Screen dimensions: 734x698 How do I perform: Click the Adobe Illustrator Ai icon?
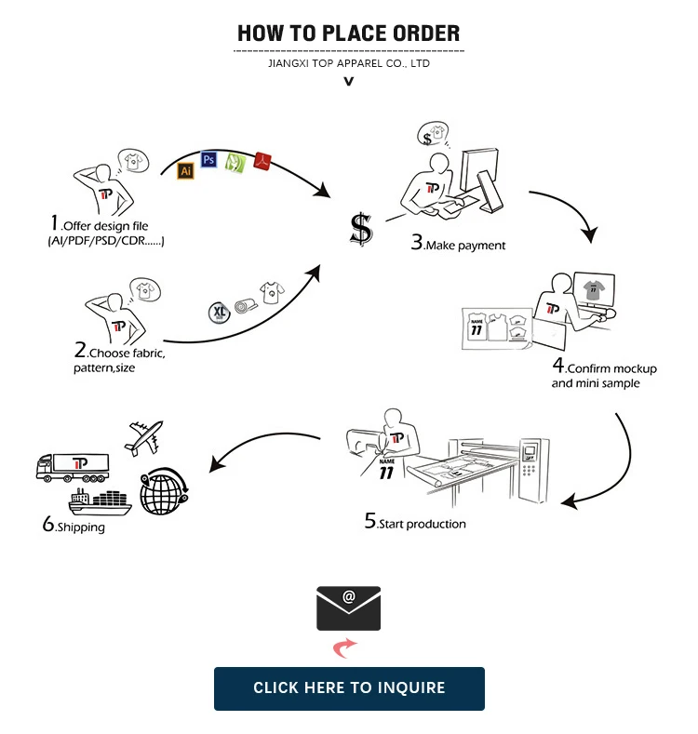pos(185,171)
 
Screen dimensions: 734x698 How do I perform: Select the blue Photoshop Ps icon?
pos(208,160)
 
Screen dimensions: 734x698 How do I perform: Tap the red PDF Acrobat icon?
pos(263,162)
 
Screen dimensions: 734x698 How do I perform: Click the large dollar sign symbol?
pos(361,228)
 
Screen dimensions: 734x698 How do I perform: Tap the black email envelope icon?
pos(349,608)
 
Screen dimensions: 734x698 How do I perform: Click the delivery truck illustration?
pos(73,466)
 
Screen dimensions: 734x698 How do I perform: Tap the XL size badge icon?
pos(219,311)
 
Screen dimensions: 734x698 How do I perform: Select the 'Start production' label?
pos(422,524)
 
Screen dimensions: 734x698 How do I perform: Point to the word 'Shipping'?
pos(80,527)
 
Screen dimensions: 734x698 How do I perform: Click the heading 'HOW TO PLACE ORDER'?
pos(349,34)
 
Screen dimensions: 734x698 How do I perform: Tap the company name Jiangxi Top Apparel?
pos(349,63)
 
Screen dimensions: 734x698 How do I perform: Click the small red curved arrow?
pos(345,647)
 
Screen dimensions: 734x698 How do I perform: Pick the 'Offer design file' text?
pos(104,226)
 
